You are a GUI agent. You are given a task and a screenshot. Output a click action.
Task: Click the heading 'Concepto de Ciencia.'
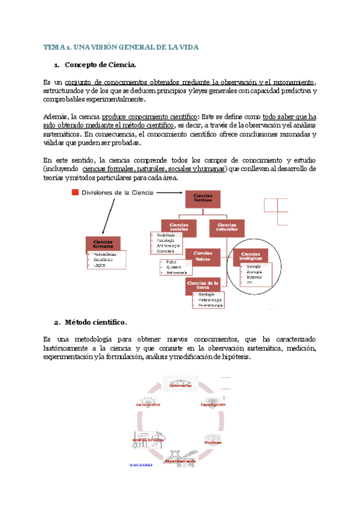coord(101,65)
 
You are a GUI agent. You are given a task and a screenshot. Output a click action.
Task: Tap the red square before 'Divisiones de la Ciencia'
coord(74,192)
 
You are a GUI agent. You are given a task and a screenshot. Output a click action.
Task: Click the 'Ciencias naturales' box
coord(226,226)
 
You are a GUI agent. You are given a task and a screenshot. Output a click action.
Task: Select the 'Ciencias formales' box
coord(103,243)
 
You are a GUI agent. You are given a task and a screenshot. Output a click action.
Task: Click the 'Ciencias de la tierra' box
coord(202,285)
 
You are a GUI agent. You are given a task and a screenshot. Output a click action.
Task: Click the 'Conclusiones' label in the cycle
coord(148,405)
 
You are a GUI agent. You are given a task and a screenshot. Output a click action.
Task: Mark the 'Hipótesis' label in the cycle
coord(212,442)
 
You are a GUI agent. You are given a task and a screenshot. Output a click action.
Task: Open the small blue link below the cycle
coord(140,465)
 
